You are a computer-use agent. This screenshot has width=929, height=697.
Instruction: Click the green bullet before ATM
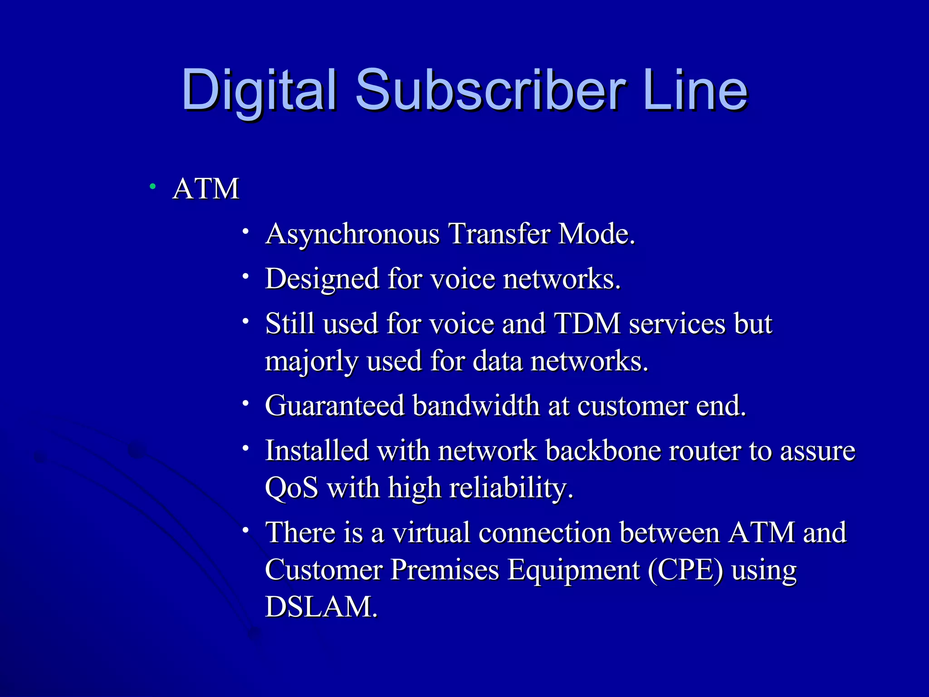[153, 186]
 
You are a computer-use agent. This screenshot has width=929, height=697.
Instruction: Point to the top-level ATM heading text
[206, 189]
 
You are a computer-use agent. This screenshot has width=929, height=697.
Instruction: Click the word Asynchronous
[352, 235]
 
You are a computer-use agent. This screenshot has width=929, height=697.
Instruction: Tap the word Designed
[322, 279]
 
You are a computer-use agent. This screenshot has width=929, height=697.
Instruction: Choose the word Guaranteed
[334, 405]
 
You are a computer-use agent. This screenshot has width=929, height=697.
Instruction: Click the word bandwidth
[476, 405]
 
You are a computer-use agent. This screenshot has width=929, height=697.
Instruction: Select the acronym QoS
[291, 488]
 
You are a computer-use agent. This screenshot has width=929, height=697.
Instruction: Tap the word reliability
[511, 488]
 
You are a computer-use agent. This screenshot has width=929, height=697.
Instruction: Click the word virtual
[431, 532]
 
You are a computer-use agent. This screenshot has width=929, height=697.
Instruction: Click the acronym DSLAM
[321, 607]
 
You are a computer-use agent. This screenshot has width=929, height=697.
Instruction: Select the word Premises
[445, 570]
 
